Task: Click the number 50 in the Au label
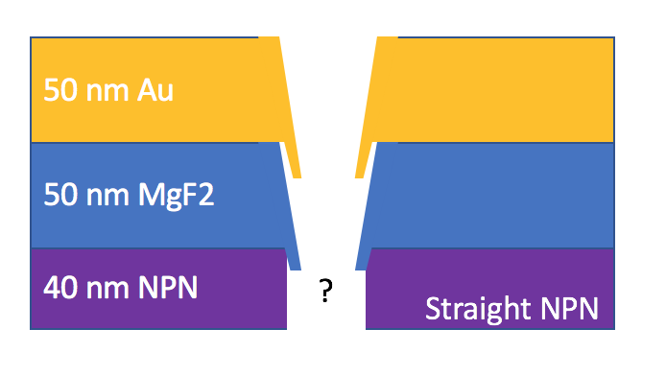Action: click(x=60, y=90)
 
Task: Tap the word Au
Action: click(x=155, y=90)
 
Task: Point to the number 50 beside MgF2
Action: click(x=60, y=195)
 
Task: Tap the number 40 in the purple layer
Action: click(x=60, y=288)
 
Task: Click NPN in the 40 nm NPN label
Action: click(x=168, y=288)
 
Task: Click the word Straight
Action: click(x=478, y=310)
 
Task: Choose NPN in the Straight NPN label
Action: click(x=569, y=308)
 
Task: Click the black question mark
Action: click(x=325, y=291)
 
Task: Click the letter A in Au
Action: click(x=146, y=90)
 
